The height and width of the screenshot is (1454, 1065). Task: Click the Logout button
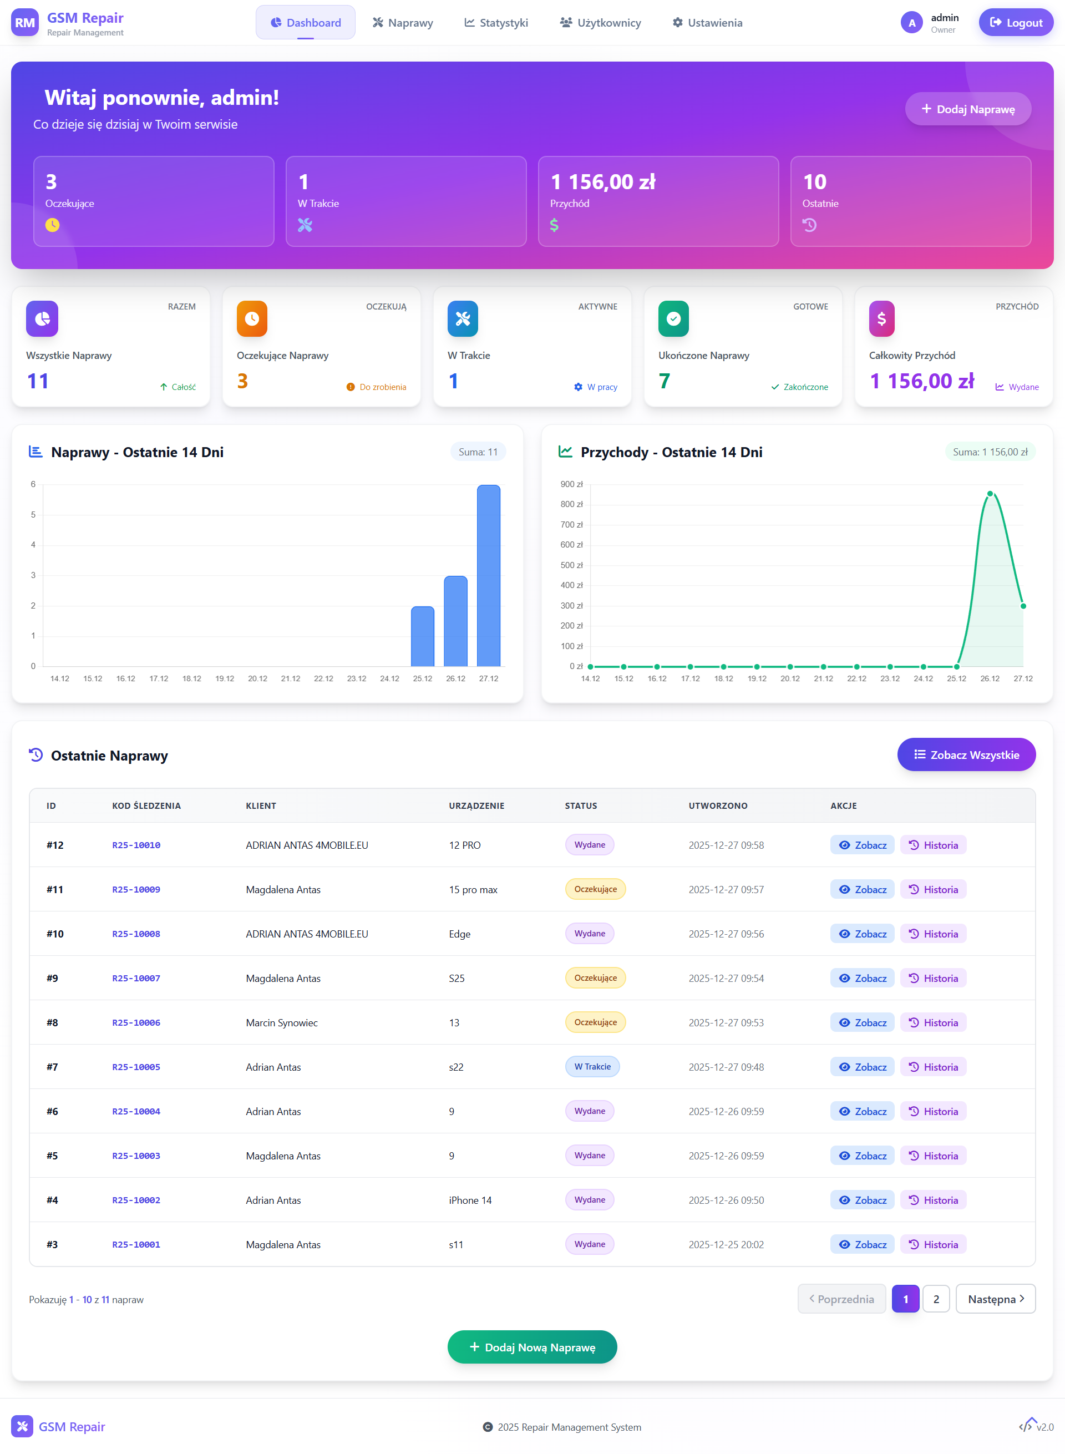[1016, 23]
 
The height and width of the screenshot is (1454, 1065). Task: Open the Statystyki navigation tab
[496, 23]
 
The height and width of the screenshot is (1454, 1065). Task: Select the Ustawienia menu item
[707, 23]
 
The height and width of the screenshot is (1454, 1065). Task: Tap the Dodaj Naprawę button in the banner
[968, 109]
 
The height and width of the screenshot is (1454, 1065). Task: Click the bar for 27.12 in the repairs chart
[489, 575]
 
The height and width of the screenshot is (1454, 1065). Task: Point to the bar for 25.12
[423, 636]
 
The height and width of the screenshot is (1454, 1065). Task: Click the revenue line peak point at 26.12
[990, 494]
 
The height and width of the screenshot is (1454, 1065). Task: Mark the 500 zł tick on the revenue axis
[571, 565]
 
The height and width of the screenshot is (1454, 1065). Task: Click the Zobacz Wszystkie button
[966, 754]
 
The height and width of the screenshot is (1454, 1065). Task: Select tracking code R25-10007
[136, 978]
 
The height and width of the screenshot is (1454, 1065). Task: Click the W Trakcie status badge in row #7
[592, 1066]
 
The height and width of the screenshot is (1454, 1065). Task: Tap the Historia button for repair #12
[933, 845]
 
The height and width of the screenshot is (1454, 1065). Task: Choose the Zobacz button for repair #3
[862, 1244]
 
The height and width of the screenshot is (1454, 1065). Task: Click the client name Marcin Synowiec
[282, 1022]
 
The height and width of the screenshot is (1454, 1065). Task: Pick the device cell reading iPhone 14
[470, 1200]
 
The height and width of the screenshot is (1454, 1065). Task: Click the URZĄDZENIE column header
[476, 805]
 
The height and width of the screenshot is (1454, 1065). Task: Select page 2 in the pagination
[936, 1299]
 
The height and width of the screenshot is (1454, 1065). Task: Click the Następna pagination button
[995, 1299]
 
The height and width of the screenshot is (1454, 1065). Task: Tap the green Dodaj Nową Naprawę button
[532, 1347]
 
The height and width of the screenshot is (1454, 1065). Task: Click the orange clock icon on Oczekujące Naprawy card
[252, 318]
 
